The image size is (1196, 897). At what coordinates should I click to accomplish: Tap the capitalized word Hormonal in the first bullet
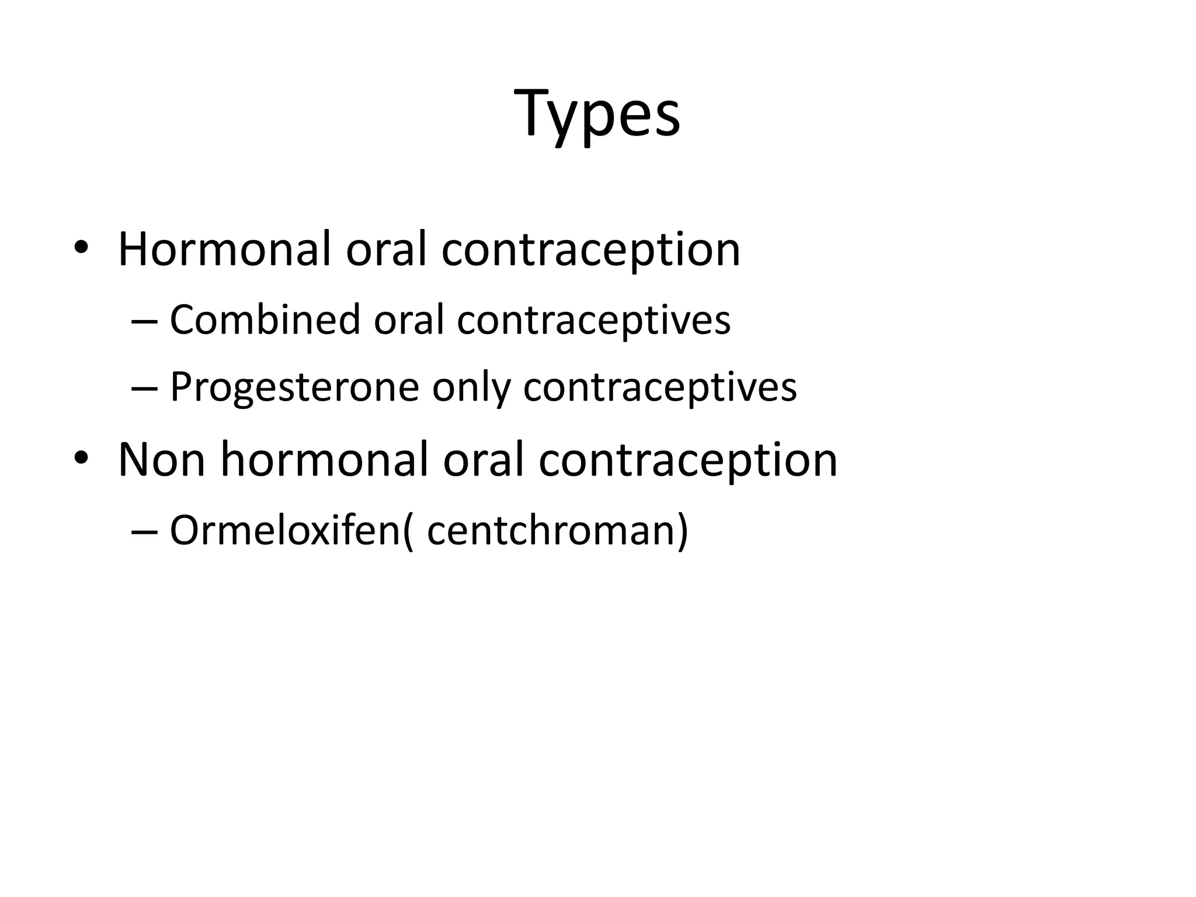225,250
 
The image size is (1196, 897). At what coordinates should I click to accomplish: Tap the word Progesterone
294,388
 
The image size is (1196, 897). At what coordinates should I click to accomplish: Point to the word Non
162,460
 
